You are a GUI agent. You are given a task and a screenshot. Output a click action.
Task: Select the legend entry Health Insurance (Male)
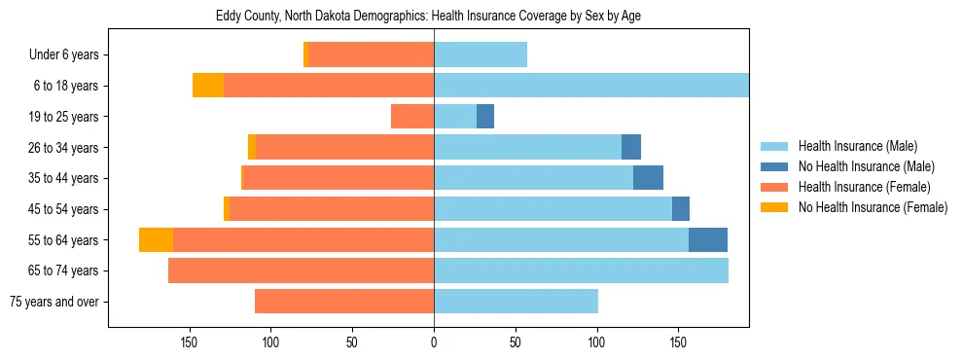point(857,146)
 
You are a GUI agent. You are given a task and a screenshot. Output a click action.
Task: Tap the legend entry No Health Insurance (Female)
point(872,207)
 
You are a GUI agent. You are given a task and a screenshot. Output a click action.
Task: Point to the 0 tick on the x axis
point(434,342)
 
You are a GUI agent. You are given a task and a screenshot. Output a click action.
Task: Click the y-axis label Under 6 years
point(63,55)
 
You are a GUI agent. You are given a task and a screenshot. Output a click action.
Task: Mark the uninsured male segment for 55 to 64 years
point(708,239)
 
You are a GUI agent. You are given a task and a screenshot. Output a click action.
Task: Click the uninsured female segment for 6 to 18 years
point(208,86)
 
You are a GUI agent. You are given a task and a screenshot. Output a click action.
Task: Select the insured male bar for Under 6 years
point(481,55)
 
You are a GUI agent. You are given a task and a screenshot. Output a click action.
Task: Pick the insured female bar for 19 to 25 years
point(412,117)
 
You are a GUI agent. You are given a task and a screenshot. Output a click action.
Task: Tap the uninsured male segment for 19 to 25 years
point(485,117)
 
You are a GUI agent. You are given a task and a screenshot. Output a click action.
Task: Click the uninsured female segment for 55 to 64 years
point(156,239)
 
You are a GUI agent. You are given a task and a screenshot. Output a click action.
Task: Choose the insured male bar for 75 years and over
point(516,302)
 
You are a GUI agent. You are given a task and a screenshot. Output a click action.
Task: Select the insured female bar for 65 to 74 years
point(301,270)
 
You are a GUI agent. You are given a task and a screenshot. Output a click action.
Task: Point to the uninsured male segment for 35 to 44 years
point(648,178)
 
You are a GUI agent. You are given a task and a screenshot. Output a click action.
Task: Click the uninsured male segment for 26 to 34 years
point(631,147)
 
